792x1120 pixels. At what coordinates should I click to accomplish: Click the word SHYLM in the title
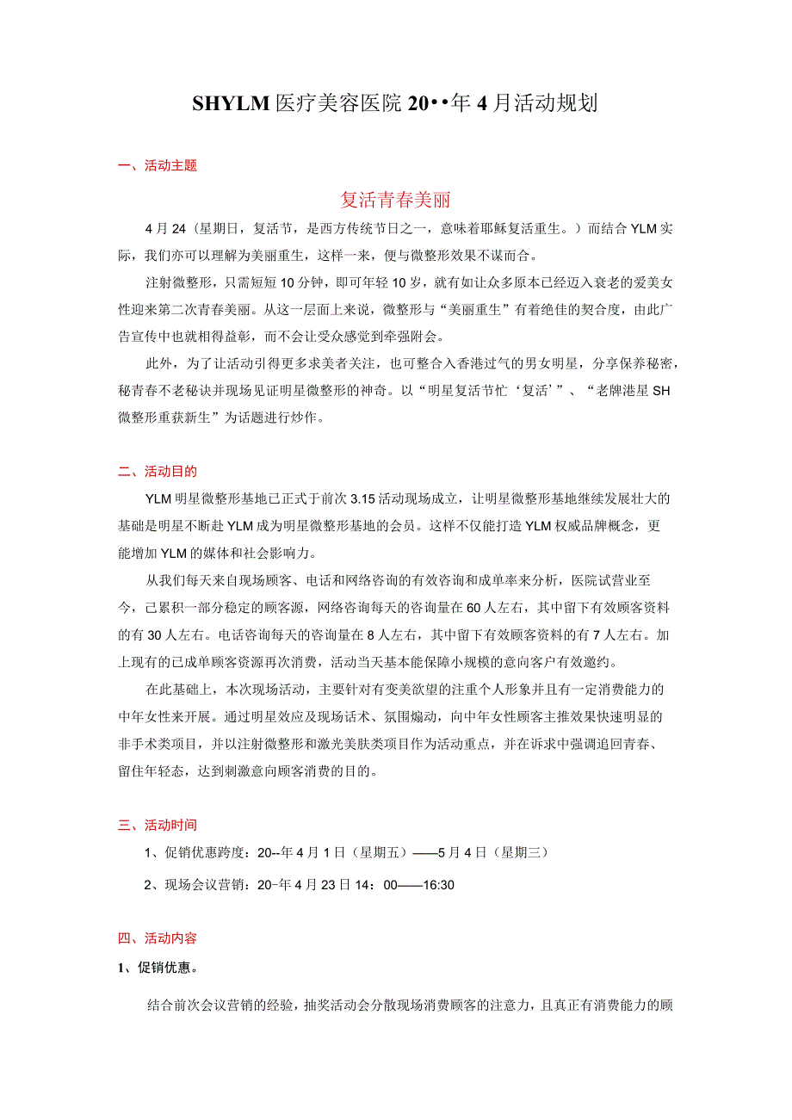231,104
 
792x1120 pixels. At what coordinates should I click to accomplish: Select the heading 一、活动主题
158,166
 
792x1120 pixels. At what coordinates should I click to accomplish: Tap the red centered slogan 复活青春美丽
395,200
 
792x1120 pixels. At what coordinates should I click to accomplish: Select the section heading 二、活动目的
158,471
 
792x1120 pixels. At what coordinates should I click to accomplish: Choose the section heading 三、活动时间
158,825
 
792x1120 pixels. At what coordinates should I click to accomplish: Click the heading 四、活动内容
158,938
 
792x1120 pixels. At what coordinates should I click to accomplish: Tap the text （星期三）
520,852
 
